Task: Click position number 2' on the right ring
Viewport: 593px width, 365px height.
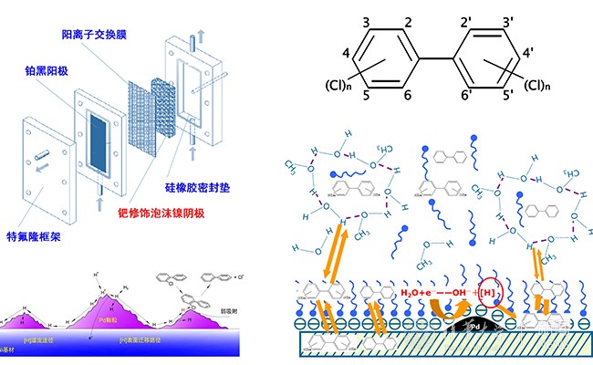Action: pos(468,22)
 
